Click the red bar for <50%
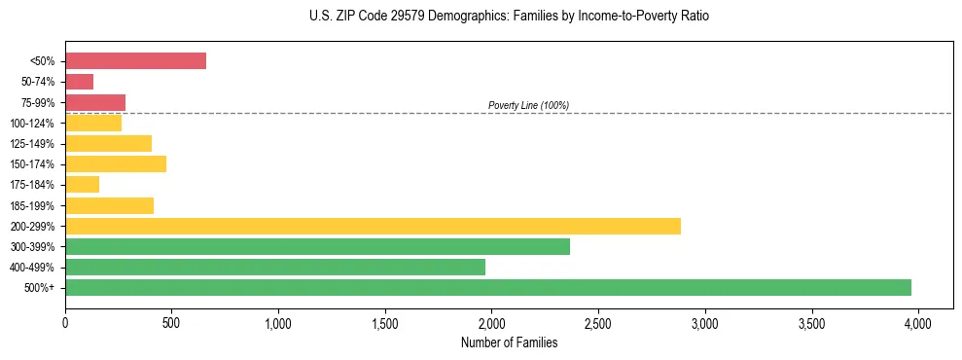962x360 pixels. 135,60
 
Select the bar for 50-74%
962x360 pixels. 79,82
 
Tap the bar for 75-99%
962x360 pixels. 95,102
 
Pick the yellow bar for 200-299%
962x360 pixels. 373,226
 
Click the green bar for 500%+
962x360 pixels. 488,287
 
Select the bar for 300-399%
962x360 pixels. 317,246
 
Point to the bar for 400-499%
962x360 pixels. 275,267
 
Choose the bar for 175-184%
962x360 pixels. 82,184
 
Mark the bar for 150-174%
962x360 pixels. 116,163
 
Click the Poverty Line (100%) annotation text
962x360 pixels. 528,105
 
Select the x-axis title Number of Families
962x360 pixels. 510,342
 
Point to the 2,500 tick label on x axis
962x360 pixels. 597,322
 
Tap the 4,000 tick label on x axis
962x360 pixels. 917,322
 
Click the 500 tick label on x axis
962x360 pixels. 171,322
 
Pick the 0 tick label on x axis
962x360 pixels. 65,322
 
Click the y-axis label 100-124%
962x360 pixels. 32,124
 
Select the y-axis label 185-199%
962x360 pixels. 32,205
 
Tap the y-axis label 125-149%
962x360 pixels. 32,144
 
